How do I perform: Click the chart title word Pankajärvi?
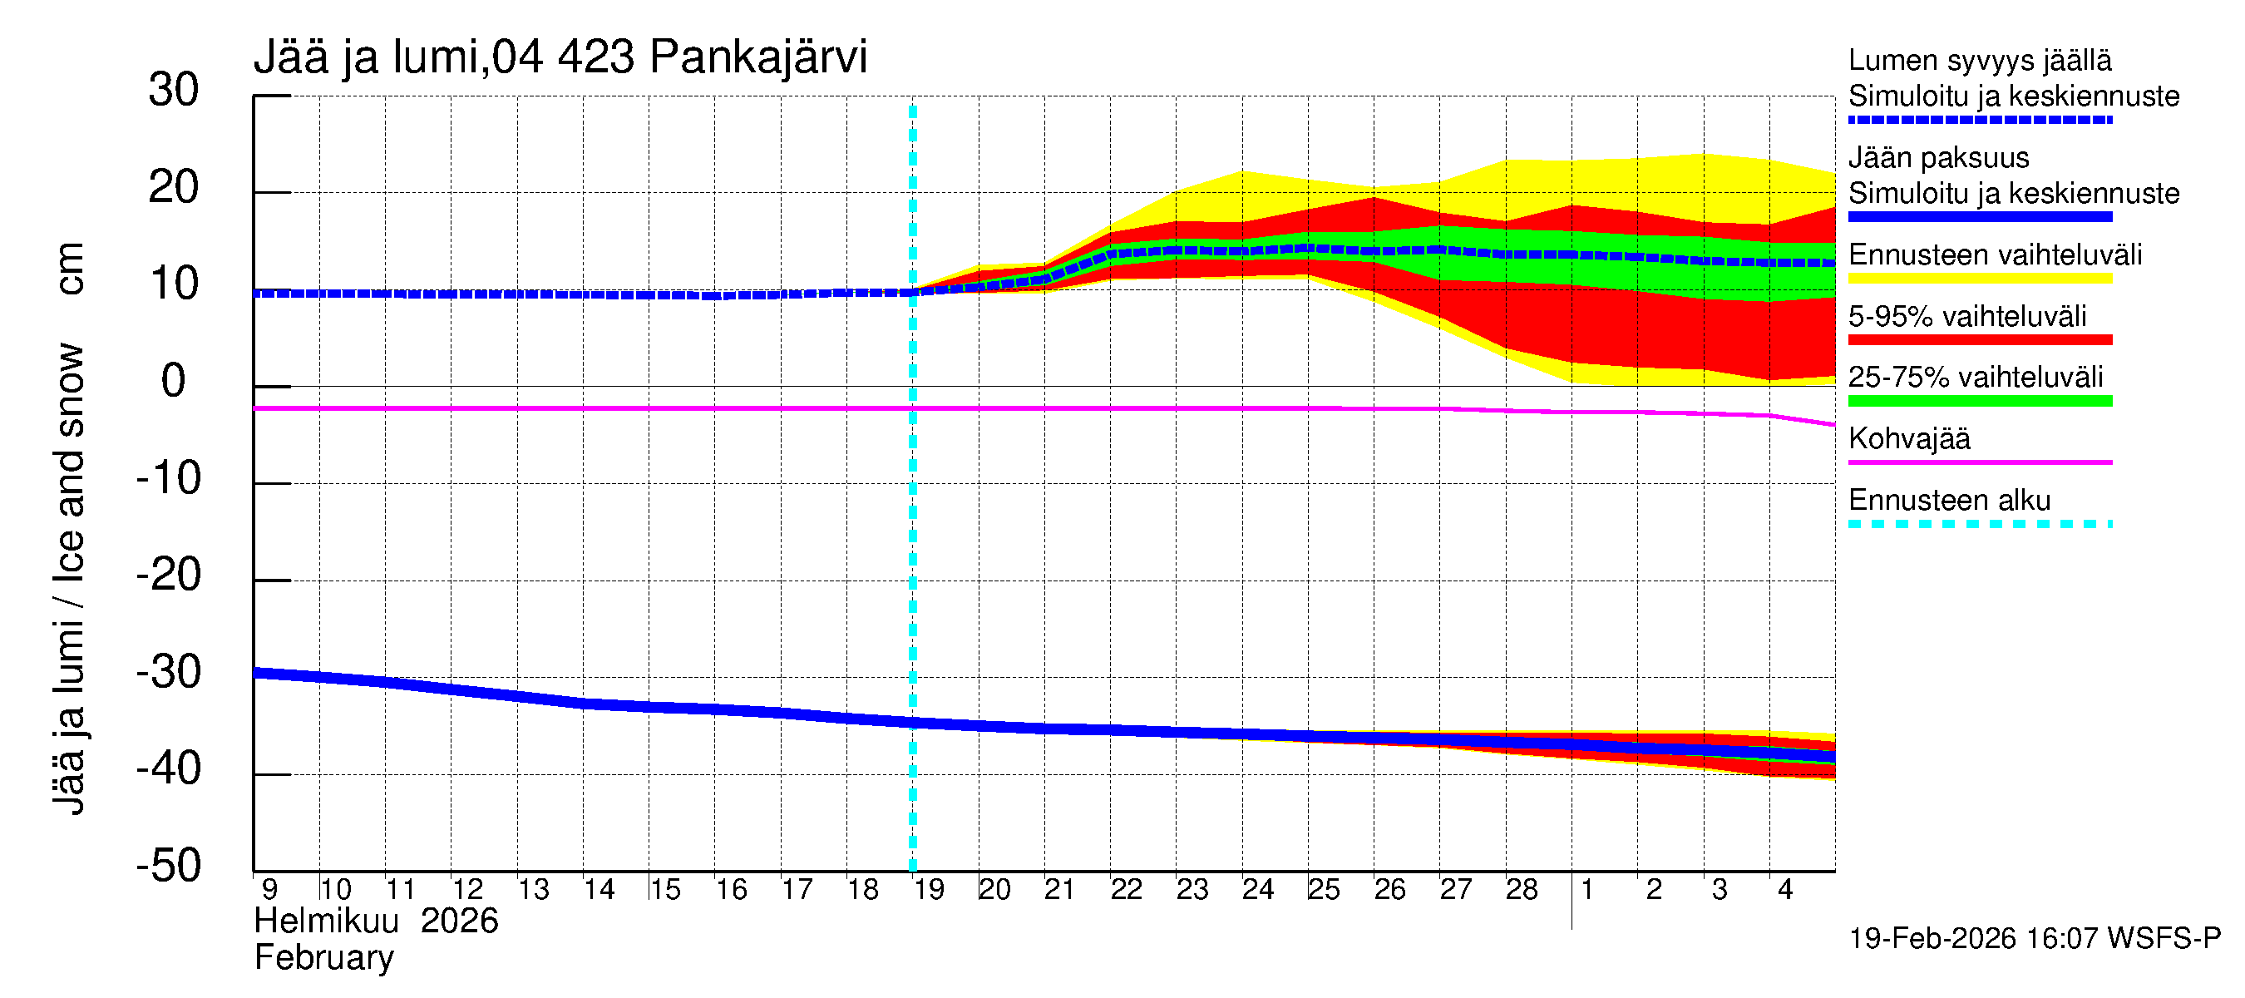pyautogui.click(x=758, y=57)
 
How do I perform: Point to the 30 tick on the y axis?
pyautogui.click(x=174, y=90)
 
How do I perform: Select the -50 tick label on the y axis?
pyautogui.click(x=169, y=866)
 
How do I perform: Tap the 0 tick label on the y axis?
pyautogui.click(x=174, y=381)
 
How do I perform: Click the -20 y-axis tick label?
pyautogui.click(x=169, y=576)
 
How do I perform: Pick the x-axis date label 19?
pyautogui.click(x=928, y=889)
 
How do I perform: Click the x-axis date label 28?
pyautogui.click(x=1522, y=889)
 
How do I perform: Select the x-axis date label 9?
pyautogui.click(x=269, y=889)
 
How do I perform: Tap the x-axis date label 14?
pyautogui.click(x=599, y=889)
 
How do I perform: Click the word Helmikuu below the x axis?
pyautogui.click(x=326, y=921)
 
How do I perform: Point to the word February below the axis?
pyautogui.click(x=323, y=958)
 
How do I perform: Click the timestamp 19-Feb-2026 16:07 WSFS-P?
pyautogui.click(x=2034, y=938)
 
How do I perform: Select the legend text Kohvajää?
pyautogui.click(x=1908, y=438)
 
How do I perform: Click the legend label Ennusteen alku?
pyautogui.click(x=1949, y=501)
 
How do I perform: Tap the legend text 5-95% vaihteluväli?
pyautogui.click(x=1967, y=316)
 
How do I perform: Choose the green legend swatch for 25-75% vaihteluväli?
pyautogui.click(x=1979, y=401)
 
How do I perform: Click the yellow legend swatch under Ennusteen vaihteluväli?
pyautogui.click(x=1979, y=279)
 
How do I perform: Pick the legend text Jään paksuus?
pyautogui.click(x=1938, y=158)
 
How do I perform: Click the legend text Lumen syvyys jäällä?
pyautogui.click(x=1979, y=60)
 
